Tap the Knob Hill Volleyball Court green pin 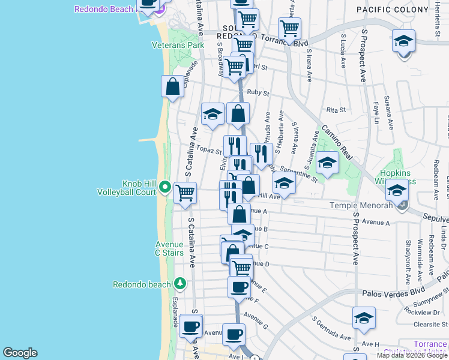point(166,188)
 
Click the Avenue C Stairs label point(169,248)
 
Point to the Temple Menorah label point(362,206)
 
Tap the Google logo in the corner point(20,353)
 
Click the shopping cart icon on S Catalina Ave point(185,194)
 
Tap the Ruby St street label point(258,93)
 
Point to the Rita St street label point(336,110)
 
